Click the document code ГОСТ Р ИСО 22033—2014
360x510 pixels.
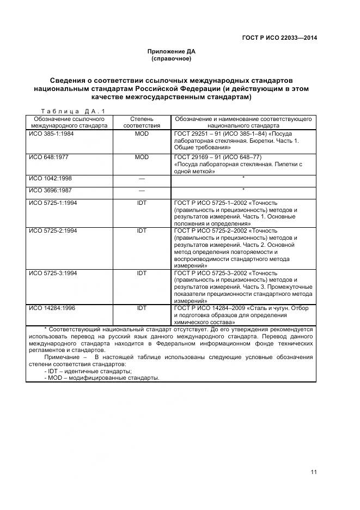(x=279, y=38)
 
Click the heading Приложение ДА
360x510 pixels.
(x=171, y=52)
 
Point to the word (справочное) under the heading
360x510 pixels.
(x=171, y=59)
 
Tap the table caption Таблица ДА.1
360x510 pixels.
(x=72, y=111)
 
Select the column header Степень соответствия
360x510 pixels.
(x=142, y=122)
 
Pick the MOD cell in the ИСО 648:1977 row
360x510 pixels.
(x=142, y=157)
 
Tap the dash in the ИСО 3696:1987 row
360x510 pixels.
(x=142, y=190)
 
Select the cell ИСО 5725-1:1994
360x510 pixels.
(x=53, y=203)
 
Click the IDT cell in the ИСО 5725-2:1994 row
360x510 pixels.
(x=142, y=230)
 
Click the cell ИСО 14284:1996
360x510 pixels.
(x=52, y=308)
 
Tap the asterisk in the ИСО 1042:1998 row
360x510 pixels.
(x=243, y=178)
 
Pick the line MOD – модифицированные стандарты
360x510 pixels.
(x=103, y=378)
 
